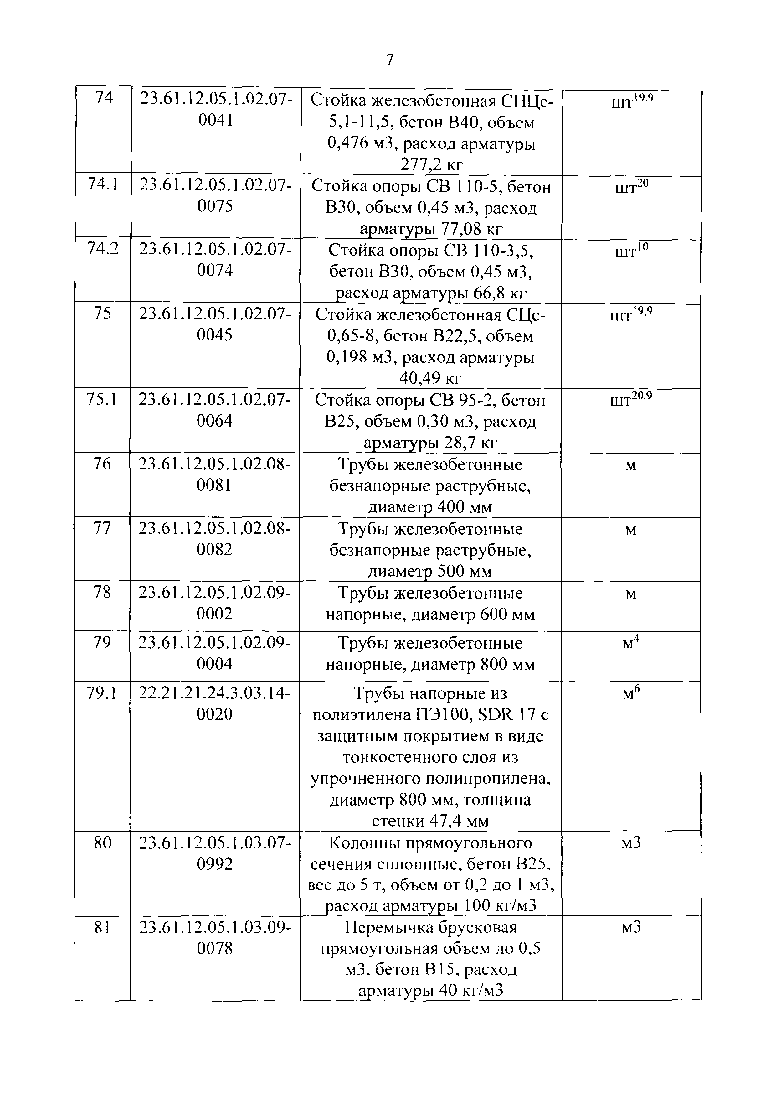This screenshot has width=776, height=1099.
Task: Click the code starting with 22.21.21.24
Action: point(214,704)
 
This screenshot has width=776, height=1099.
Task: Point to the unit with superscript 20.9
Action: point(630,400)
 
